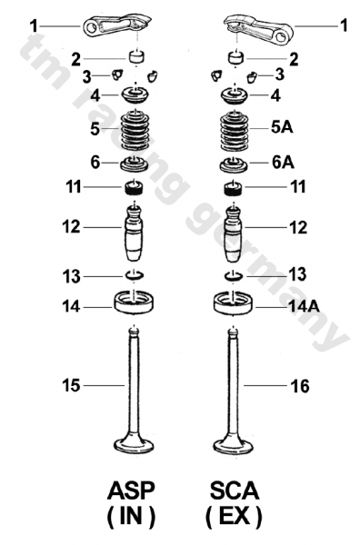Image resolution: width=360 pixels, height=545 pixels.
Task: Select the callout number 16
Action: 300,387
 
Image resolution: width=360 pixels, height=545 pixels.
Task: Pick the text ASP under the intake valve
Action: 131,492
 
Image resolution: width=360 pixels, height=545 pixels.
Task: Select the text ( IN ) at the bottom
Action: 131,518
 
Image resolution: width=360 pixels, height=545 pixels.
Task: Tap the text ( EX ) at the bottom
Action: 234,518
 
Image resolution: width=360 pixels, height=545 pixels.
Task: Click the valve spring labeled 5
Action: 135,129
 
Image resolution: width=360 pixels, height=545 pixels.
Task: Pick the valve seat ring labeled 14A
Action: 235,301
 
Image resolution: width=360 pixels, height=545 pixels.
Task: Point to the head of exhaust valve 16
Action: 235,445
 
